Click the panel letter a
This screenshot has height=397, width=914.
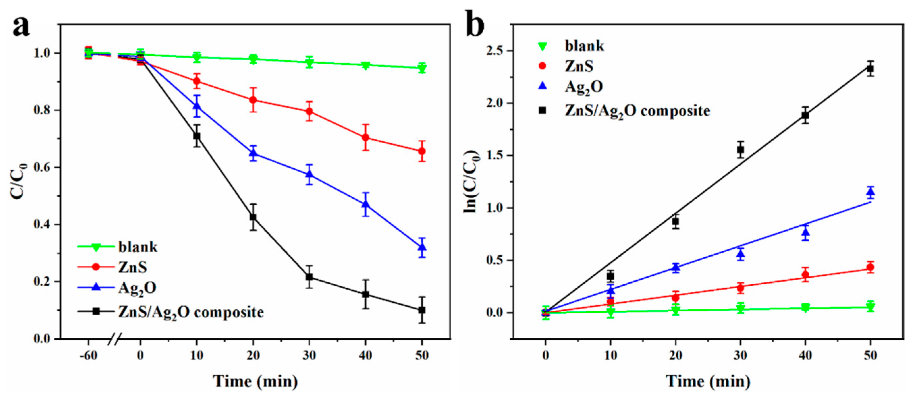(21, 27)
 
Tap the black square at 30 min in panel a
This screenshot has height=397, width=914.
(309, 277)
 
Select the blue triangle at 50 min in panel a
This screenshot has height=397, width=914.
(422, 247)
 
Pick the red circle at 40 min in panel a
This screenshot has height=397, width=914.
(365, 137)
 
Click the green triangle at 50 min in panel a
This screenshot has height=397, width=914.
(422, 68)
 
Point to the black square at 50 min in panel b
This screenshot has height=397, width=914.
(870, 69)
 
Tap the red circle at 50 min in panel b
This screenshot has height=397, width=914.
(870, 268)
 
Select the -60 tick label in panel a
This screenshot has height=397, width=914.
(88, 355)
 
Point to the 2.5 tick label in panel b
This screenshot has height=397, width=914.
(495, 51)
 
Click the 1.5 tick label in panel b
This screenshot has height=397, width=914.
(495, 156)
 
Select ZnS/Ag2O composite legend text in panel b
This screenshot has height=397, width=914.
(637, 111)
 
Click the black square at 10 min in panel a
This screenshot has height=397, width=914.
(197, 136)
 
